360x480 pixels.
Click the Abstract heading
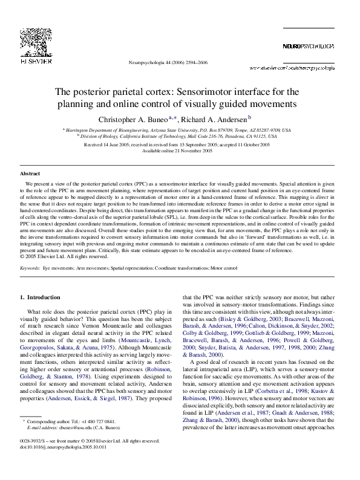(x=30, y=174)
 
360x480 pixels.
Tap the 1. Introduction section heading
(x=41, y=297)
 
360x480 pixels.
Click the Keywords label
(x=30, y=267)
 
